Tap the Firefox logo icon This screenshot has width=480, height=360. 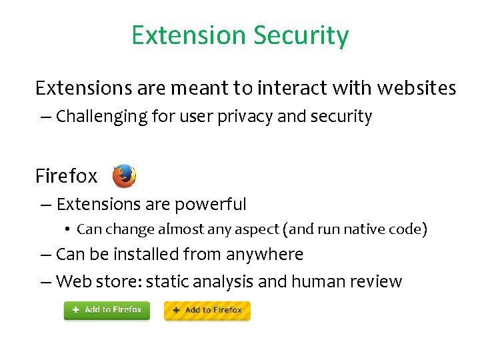click(x=124, y=176)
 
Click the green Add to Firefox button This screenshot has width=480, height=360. click(x=107, y=310)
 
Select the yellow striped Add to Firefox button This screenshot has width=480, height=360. click(x=207, y=311)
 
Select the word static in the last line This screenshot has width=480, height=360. click(x=167, y=281)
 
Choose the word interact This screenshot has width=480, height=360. click(x=291, y=87)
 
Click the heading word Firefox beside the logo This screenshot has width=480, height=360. click(x=66, y=176)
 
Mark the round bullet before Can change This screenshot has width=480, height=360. click(x=68, y=229)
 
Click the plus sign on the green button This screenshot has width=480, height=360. click(x=75, y=310)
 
